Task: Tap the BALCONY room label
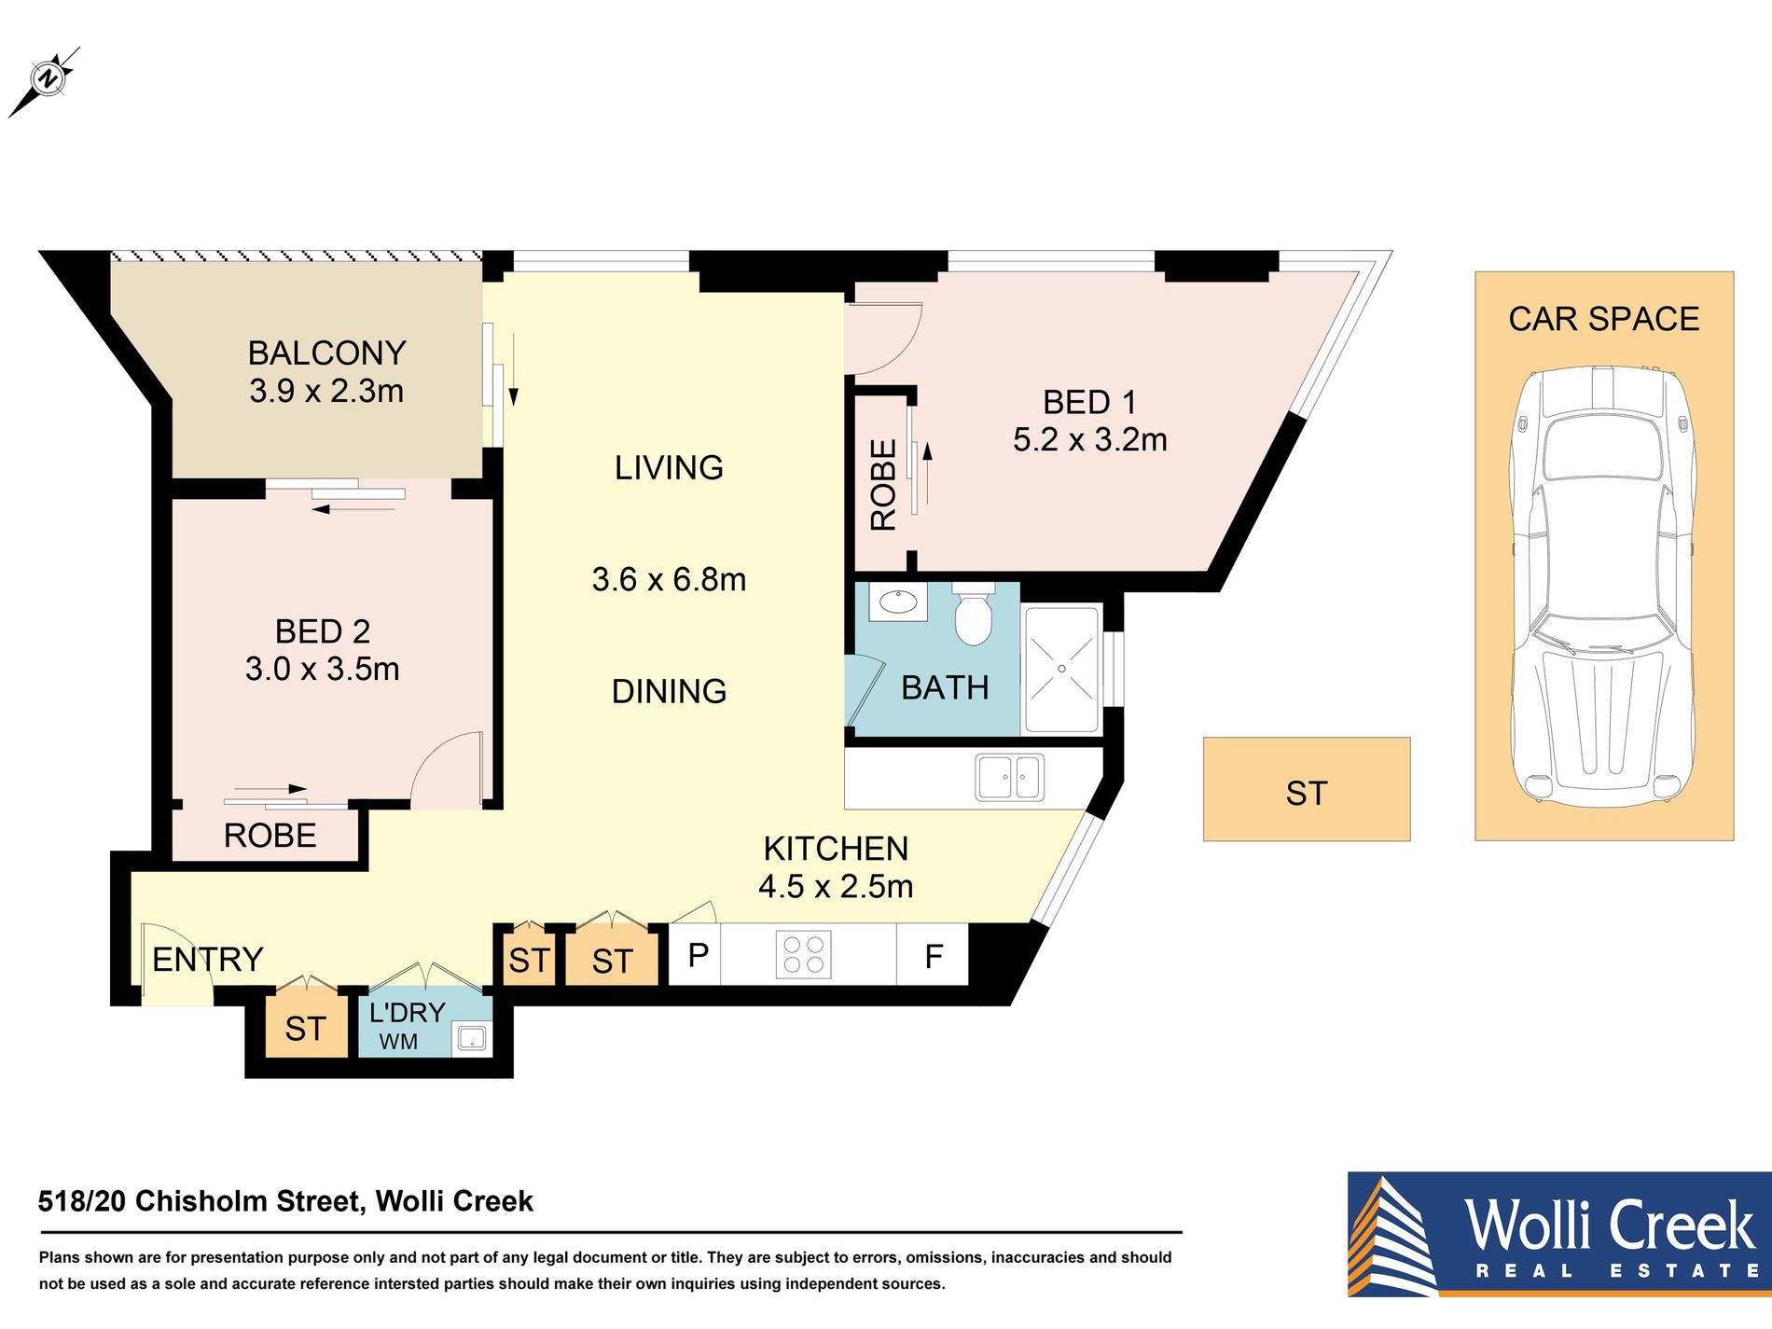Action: pos(326,353)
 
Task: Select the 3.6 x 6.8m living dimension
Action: pos(669,579)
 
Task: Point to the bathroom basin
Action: pos(897,602)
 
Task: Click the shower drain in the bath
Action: pos(1061,669)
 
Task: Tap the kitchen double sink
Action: pos(1010,777)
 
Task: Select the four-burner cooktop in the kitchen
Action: pos(803,955)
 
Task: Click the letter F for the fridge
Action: pos(934,956)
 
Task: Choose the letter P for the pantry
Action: pos(698,954)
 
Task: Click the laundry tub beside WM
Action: pos(472,1038)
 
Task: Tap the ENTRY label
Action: pos(207,959)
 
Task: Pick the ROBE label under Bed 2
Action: pos(270,836)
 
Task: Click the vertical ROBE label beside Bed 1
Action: pos(883,485)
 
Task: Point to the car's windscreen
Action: pos(1602,449)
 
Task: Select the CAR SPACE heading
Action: pos(1603,319)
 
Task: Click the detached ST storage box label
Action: pos(1306,794)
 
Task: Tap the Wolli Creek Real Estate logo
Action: pos(1559,1233)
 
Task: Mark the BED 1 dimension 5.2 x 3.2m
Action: pos(1089,439)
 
